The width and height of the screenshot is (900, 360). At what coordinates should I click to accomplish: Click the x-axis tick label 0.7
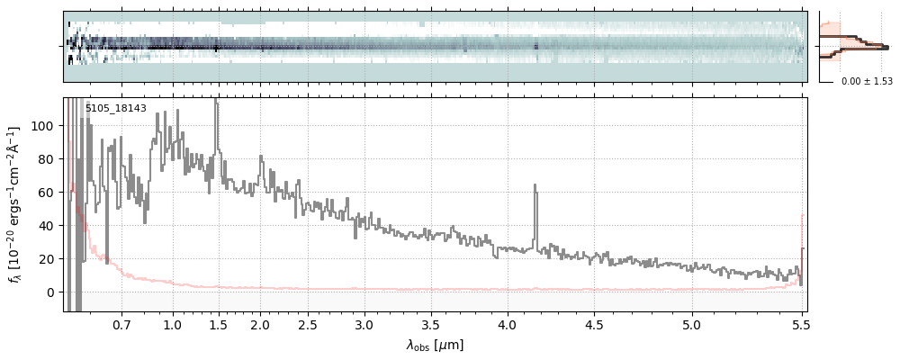(x=121, y=324)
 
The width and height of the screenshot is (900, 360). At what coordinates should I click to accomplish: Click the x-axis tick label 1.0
(x=173, y=324)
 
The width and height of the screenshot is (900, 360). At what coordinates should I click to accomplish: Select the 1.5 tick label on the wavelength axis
(x=218, y=324)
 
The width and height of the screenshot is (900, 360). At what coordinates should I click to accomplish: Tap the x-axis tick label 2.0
(x=260, y=324)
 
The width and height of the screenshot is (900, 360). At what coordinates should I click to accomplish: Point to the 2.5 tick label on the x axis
(x=308, y=324)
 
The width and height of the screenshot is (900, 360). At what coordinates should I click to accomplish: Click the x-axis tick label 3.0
(x=364, y=324)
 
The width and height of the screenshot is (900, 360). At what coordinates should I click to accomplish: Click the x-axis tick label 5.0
(x=692, y=324)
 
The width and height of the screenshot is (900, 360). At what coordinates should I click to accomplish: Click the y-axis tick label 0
(x=50, y=292)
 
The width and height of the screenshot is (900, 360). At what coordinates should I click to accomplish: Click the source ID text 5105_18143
(x=115, y=109)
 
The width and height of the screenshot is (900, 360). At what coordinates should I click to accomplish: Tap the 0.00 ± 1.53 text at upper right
(x=867, y=82)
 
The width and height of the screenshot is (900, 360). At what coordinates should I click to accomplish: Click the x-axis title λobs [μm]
(x=435, y=345)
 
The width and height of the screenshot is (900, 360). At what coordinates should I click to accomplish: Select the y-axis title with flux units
(x=14, y=205)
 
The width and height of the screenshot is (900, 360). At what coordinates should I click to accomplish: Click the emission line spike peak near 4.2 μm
(x=535, y=185)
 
